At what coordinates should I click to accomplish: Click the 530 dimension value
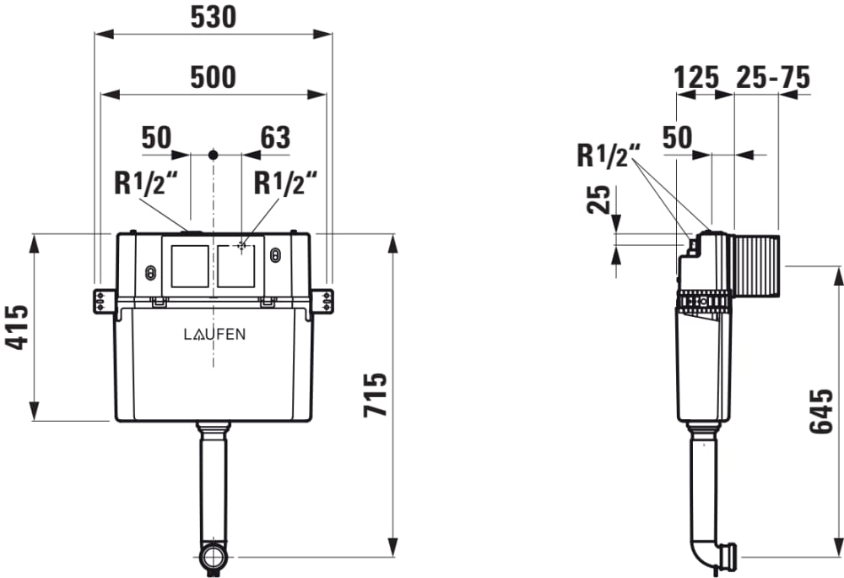(214, 17)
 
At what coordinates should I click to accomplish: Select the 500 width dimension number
(214, 77)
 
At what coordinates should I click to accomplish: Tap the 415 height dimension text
(17, 328)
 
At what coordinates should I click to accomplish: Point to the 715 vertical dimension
(376, 395)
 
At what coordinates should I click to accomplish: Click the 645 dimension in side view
(821, 411)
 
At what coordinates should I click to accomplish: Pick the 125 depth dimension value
(696, 77)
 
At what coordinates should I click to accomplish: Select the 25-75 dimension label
(773, 77)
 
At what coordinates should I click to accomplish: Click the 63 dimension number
(275, 138)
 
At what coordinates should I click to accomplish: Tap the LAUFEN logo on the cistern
(214, 335)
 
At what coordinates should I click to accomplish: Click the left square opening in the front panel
(189, 266)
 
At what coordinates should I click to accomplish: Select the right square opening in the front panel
(236, 266)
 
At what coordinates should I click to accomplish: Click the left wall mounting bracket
(103, 301)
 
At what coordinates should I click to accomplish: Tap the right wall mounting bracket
(323, 301)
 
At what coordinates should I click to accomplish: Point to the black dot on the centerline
(214, 155)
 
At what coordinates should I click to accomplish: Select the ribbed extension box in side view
(755, 265)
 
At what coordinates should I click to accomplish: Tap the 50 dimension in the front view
(156, 138)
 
